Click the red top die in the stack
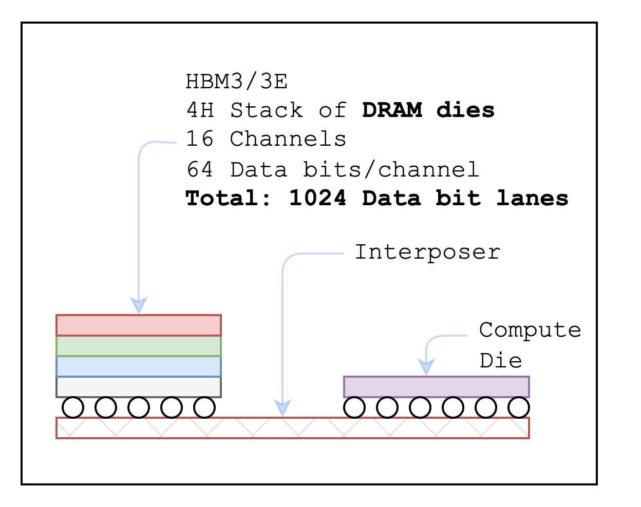click(x=139, y=325)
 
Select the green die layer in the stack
click(x=139, y=346)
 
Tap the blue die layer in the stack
click(x=139, y=366)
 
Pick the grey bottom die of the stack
click(x=139, y=387)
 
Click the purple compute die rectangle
click(x=436, y=387)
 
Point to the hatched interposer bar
click(x=292, y=428)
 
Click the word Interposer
click(x=427, y=252)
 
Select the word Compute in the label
click(x=530, y=329)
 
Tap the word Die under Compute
click(x=500, y=360)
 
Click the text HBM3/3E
click(x=236, y=81)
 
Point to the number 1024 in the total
click(x=317, y=198)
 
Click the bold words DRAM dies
click(x=428, y=110)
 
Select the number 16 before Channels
click(x=199, y=139)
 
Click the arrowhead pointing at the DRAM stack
click(x=139, y=305)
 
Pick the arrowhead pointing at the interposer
click(x=282, y=408)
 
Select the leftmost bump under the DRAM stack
click(x=73, y=407)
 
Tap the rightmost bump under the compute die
click(x=519, y=407)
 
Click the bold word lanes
click(x=532, y=198)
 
